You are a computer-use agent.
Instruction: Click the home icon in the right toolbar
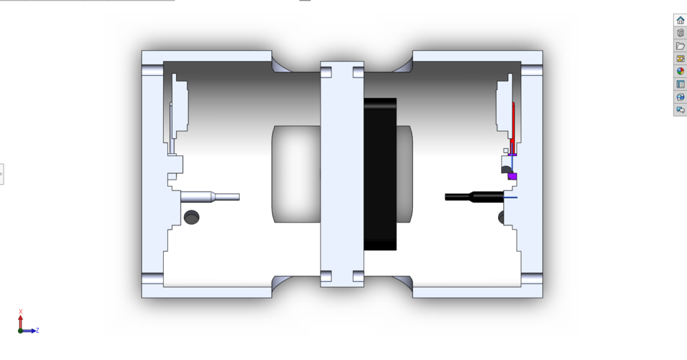(x=680, y=20)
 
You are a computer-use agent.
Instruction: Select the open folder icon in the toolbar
(x=680, y=46)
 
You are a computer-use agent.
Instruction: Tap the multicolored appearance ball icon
(x=680, y=71)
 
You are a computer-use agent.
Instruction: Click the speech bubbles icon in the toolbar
(x=680, y=110)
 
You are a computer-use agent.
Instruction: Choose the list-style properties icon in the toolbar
(x=680, y=84)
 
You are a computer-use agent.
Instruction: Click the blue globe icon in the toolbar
(x=680, y=97)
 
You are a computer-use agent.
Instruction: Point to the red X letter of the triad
(x=21, y=311)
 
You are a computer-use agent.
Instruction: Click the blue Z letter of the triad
(x=37, y=330)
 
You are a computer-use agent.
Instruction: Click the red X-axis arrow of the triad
(x=21, y=321)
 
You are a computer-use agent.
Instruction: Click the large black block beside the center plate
(x=380, y=174)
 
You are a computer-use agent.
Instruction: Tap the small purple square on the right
(x=512, y=176)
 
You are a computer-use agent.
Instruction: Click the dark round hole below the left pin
(x=191, y=217)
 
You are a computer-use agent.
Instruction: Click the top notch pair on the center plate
(x=341, y=72)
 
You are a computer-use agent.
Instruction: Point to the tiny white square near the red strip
(x=506, y=150)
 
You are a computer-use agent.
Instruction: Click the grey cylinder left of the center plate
(x=296, y=174)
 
